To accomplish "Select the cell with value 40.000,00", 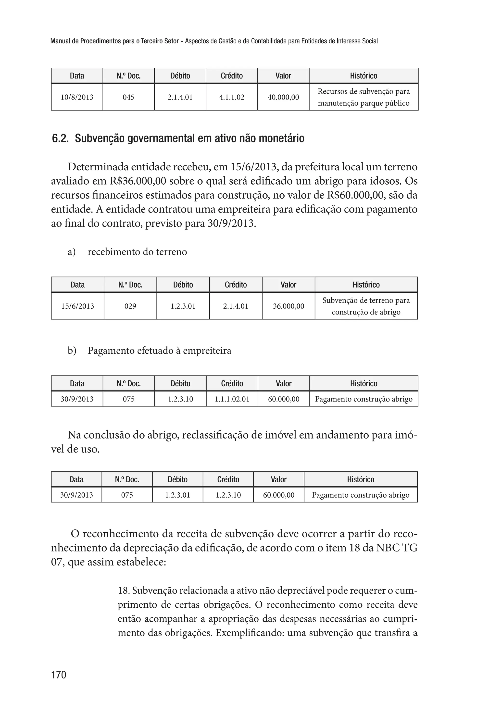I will [283, 97].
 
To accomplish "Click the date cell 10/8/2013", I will [77, 97].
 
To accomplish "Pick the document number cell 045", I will [129, 97].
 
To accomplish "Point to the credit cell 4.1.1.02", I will [232, 97].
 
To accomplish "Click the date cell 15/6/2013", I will [78, 306].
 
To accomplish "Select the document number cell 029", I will [130, 306].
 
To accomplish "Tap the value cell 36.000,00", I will [289, 306].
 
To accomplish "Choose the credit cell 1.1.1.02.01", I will [232, 399].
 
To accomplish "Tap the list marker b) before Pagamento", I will [72, 351].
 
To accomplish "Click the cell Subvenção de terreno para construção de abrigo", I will [366, 306].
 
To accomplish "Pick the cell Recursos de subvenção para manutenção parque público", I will [364, 97].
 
